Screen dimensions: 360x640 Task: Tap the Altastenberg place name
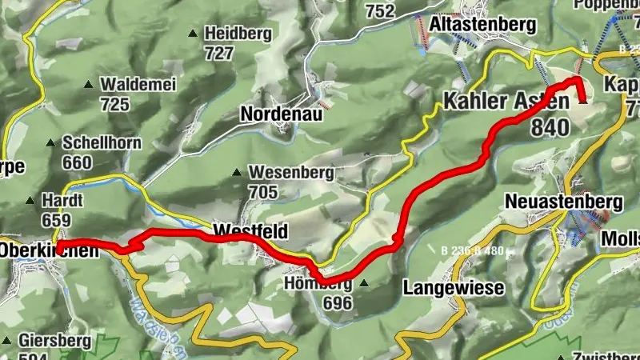pos(482,25)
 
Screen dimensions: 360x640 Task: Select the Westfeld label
pos(250,232)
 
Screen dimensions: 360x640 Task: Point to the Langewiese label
pos(454,286)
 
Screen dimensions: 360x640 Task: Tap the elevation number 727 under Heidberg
pos(218,53)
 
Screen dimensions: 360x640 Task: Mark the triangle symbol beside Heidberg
pos(192,34)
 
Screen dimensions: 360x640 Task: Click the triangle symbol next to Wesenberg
pos(237,172)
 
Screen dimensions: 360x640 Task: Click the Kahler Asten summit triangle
pos(582,101)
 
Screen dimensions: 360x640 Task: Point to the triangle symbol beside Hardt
pos(30,201)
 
